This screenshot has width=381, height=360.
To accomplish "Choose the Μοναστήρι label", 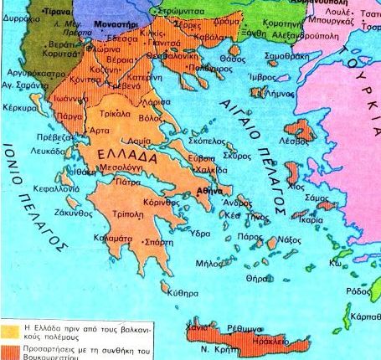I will (115, 27).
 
